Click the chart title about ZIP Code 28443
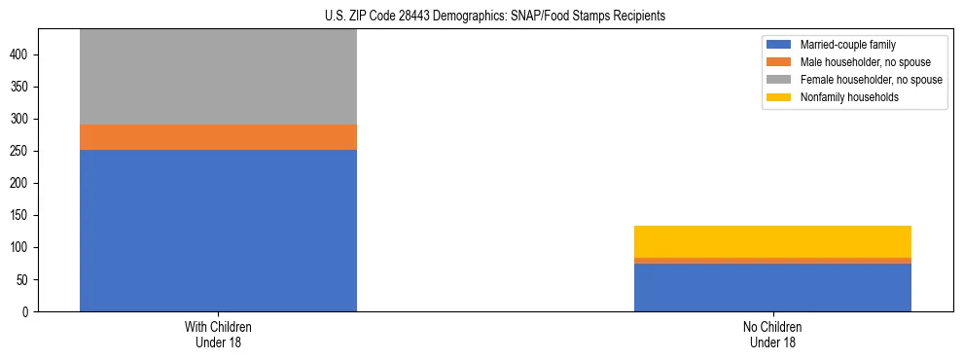[495, 17]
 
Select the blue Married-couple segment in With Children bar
[218, 231]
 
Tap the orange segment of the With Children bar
[218, 137]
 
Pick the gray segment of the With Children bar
[218, 77]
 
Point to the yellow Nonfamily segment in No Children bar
[772, 241]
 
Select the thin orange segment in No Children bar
[772, 261]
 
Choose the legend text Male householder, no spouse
[865, 62]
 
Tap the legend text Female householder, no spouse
[871, 80]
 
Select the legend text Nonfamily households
[849, 97]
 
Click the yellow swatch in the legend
[779, 97]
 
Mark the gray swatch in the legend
[779, 80]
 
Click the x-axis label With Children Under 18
[218, 334]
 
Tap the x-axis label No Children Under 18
[772, 334]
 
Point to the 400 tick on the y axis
[22, 54]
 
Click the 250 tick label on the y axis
[22, 151]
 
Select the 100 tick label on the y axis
[22, 247]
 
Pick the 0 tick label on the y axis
[28, 311]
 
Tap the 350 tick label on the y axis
[22, 87]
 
